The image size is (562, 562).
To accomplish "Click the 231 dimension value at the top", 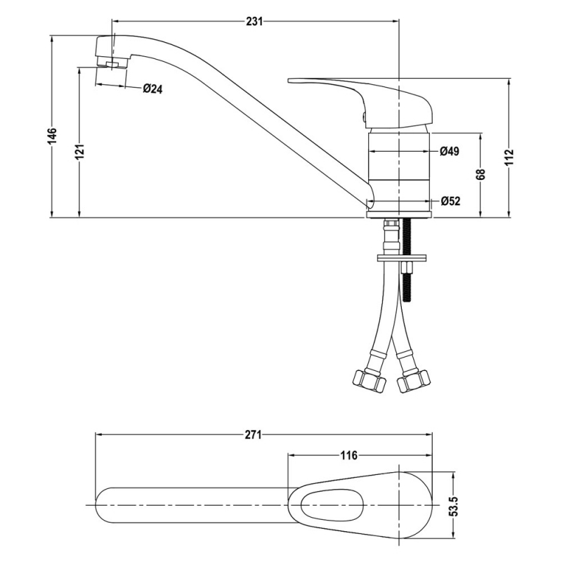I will pos(254,22).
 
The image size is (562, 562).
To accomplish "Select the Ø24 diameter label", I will pos(152,89).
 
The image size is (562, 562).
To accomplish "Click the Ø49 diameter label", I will pos(450,152).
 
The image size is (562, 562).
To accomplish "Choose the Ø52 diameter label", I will pos(450,202).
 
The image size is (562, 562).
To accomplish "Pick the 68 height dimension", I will pos(481,175).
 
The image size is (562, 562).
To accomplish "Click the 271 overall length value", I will pos(254,435).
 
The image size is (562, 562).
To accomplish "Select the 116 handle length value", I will pos(348,455).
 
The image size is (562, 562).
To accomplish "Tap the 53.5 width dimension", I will pos(453,506).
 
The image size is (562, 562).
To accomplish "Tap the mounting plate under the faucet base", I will pos(401,257).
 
